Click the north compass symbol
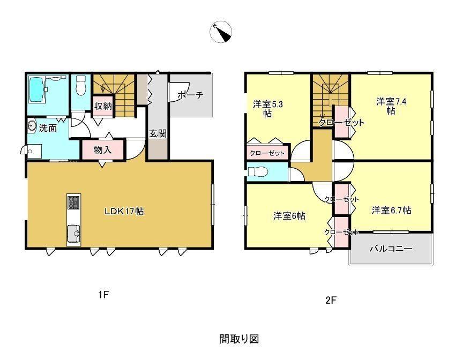pos(221,32)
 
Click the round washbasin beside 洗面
pos(32,126)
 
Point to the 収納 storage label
pos(103,106)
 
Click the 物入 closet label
pos(103,150)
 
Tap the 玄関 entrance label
pos(158,134)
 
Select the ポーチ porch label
pos(190,95)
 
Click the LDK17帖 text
pos(124,211)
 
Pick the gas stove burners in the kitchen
pos(74,202)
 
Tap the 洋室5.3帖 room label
pos(267,109)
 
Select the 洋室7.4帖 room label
pos(391,106)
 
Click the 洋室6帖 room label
pos(289,216)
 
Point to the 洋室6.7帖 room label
pos(391,210)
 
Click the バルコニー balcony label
pos(391,249)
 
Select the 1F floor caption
pos(103,295)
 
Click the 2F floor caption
pos(331,300)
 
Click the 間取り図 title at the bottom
pos(239,339)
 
